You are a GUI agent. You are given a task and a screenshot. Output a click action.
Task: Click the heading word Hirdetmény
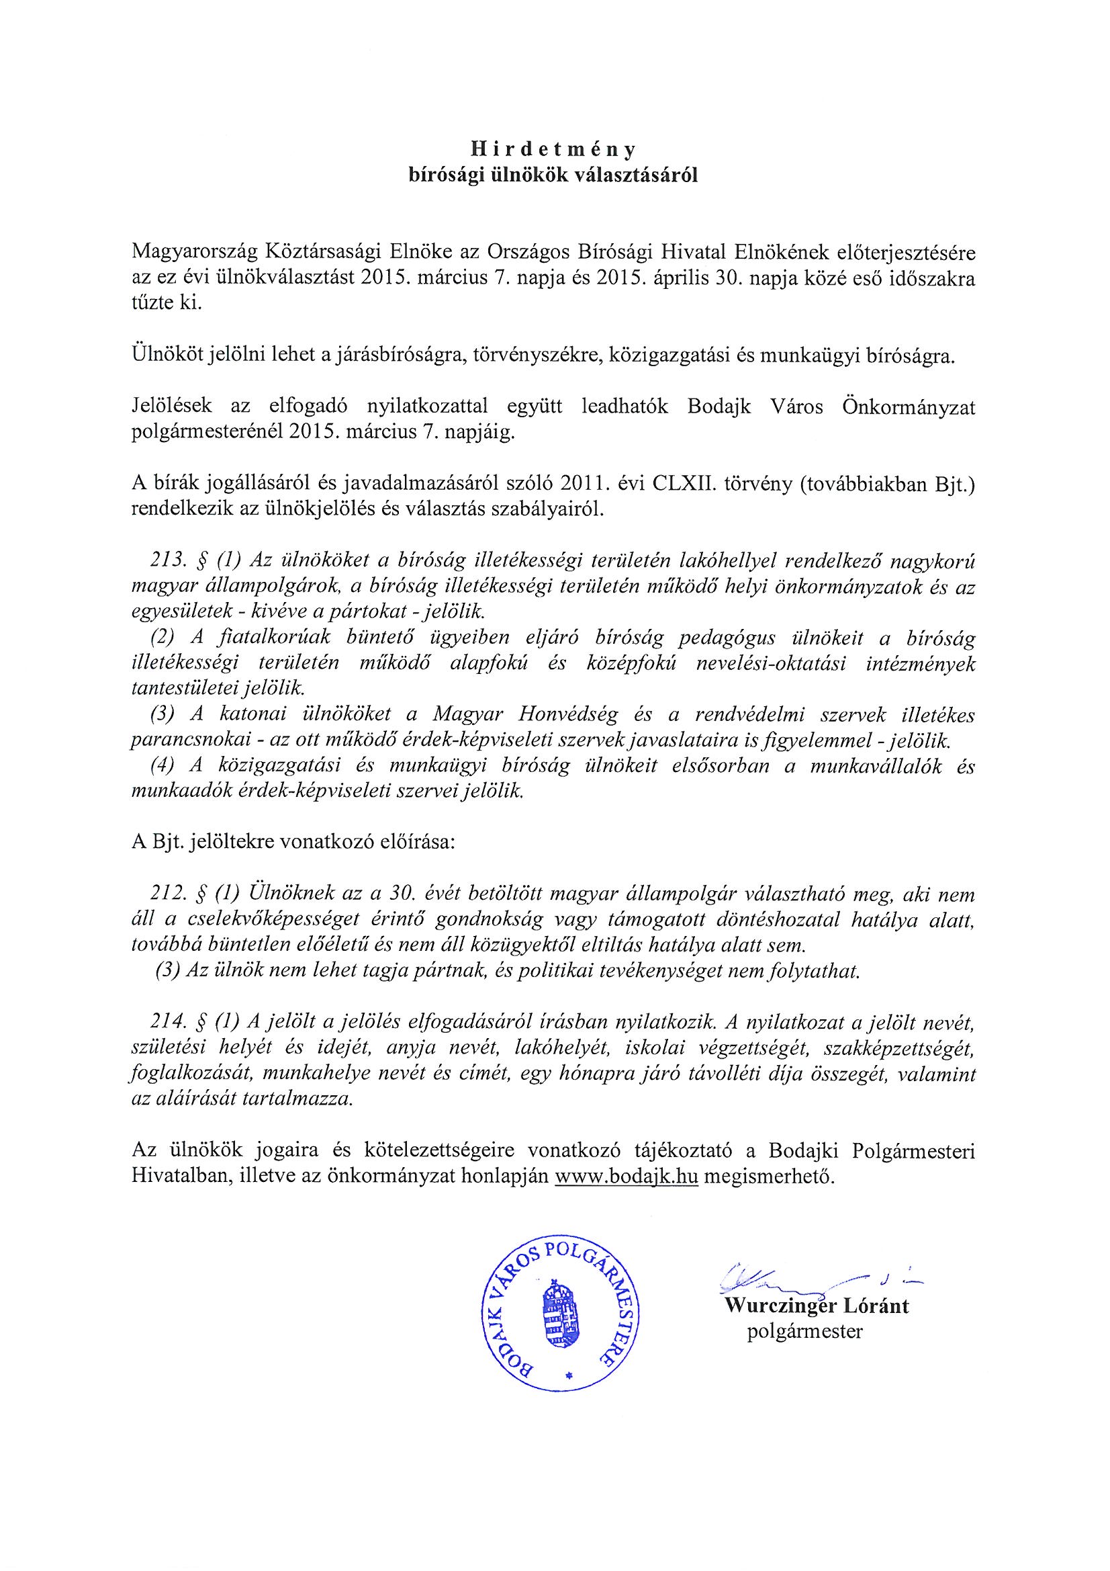[555, 150]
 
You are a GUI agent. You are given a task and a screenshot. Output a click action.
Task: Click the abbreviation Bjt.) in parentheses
[951, 487]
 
